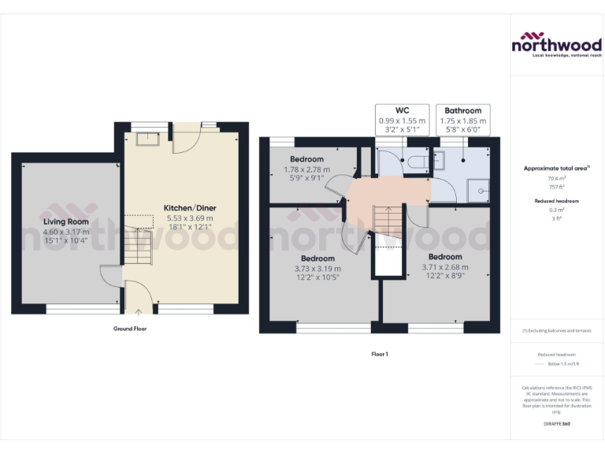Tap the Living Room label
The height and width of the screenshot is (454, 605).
pyautogui.click(x=66, y=222)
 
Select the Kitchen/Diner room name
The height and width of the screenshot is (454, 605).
pyautogui.click(x=190, y=208)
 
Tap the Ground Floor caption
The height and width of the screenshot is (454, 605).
pyautogui.click(x=130, y=329)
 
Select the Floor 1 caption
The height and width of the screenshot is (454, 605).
pyautogui.click(x=380, y=354)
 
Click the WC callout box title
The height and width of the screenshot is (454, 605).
pyautogui.click(x=402, y=110)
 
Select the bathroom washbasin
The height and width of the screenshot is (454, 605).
pyautogui.click(x=441, y=159)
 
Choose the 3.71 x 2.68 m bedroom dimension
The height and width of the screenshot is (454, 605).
pyautogui.click(x=445, y=266)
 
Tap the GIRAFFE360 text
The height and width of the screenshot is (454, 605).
pyautogui.click(x=556, y=425)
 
